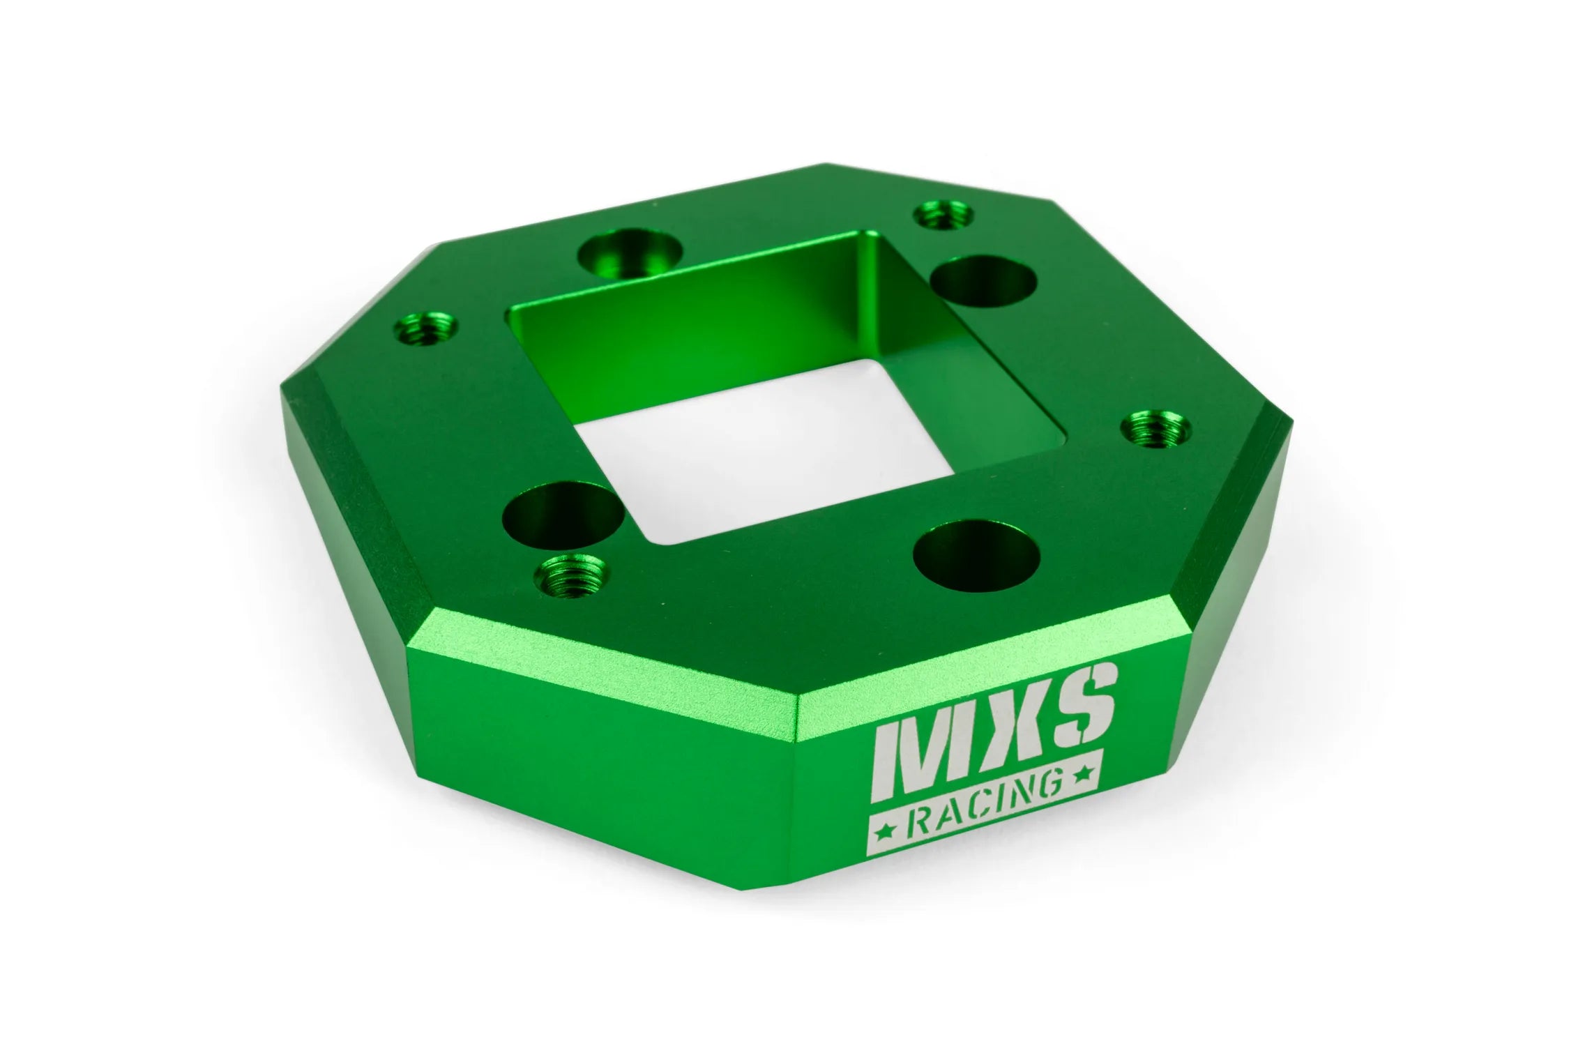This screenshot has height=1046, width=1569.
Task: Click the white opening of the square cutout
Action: pyautogui.click(x=725, y=453)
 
